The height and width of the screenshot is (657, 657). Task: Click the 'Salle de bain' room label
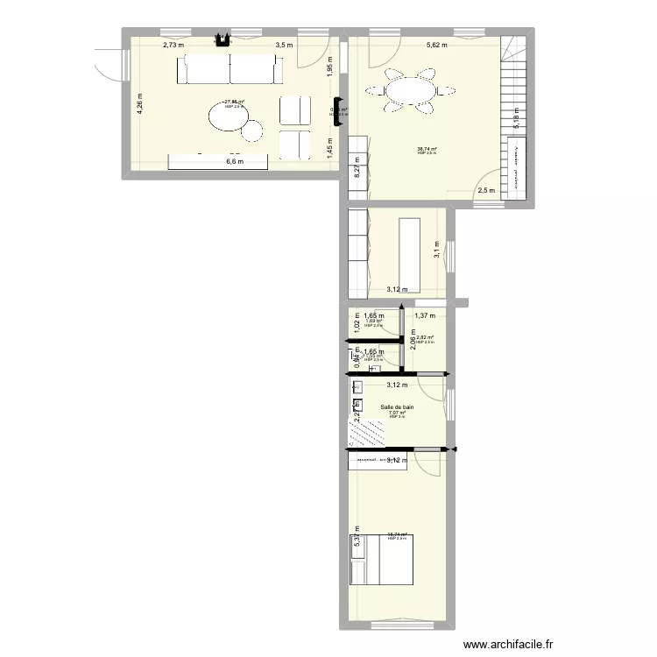point(397,407)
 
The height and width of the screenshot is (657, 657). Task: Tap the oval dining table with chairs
point(410,92)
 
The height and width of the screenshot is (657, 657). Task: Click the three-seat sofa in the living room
point(230,70)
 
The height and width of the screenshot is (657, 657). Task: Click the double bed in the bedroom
point(381,558)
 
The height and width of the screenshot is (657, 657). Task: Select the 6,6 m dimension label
point(234,161)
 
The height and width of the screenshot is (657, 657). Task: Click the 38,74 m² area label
point(427,149)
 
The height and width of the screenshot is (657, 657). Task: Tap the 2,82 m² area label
point(426,338)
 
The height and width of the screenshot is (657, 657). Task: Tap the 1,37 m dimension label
point(425,316)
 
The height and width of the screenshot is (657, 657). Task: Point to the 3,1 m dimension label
point(437,251)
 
